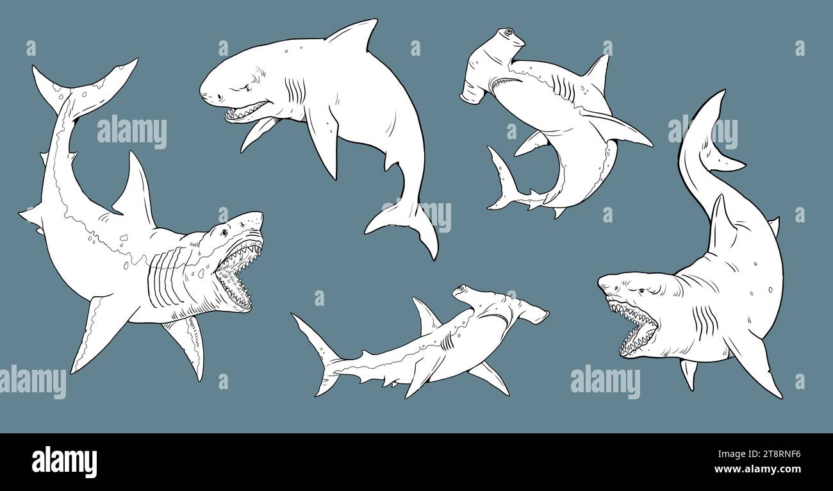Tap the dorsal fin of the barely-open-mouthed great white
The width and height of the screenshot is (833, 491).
(x=354, y=36)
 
